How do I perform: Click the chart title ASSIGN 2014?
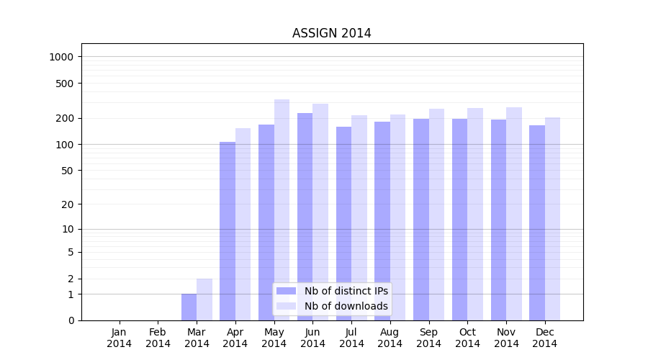click(331, 34)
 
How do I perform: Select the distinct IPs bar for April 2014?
click(228, 230)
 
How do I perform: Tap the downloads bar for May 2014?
click(282, 209)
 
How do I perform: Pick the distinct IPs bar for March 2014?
click(189, 307)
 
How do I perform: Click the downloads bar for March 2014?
click(204, 300)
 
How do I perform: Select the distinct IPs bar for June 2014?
click(305, 216)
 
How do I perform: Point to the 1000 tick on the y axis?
click(63, 57)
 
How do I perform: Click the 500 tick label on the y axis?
click(65, 84)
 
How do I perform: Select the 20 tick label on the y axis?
click(68, 204)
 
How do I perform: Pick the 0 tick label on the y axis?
click(71, 320)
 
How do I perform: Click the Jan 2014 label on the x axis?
click(120, 338)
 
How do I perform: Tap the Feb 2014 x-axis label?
click(158, 338)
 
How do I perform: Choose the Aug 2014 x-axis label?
click(390, 338)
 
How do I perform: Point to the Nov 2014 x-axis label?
click(506, 338)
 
